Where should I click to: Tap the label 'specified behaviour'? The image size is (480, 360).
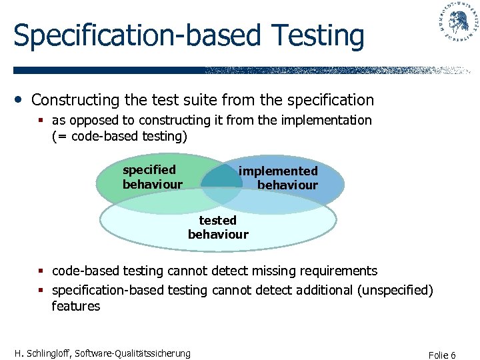point(152,177)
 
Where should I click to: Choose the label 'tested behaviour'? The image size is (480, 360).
point(218,227)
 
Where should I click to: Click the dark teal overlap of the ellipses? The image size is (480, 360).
point(221,177)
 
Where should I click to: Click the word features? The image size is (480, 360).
point(76,306)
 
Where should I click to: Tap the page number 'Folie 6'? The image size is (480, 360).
point(443,355)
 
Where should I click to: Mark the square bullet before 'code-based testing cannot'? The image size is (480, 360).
point(41,271)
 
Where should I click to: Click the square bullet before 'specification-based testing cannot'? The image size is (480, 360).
point(41,291)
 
